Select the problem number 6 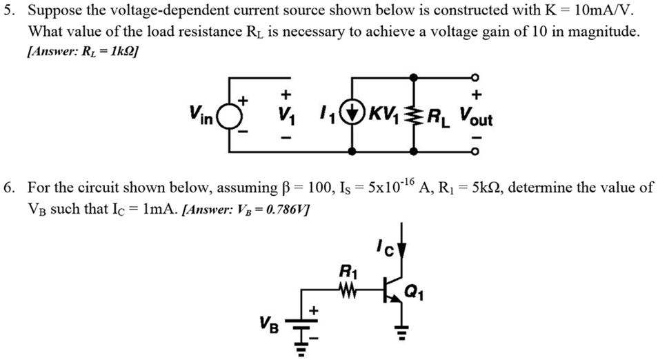9,188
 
